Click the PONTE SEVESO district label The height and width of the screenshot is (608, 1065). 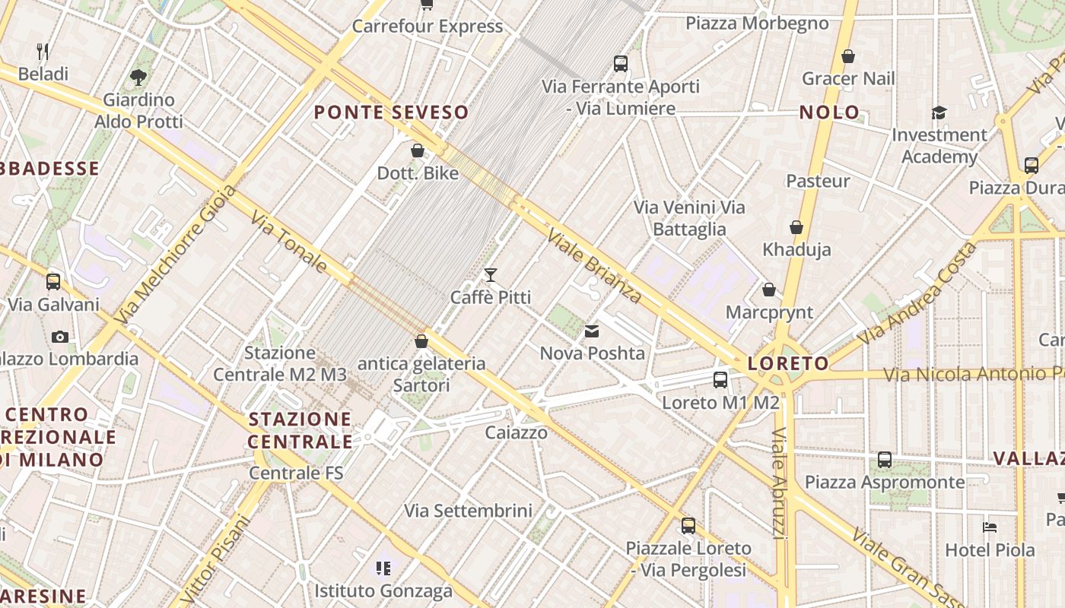click(x=391, y=112)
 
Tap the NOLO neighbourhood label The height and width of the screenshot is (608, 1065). click(x=829, y=112)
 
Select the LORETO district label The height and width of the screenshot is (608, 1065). click(x=788, y=363)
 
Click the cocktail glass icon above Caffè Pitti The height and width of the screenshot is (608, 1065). click(x=491, y=274)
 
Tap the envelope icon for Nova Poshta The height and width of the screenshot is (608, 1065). click(x=592, y=331)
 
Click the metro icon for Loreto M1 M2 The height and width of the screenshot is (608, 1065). click(x=720, y=379)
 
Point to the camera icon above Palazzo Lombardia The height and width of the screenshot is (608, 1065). click(x=60, y=337)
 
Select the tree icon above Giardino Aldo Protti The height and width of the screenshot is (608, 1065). click(x=138, y=77)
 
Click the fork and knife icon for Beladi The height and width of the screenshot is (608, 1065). click(x=43, y=52)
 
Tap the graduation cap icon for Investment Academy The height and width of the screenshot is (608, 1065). click(x=939, y=113)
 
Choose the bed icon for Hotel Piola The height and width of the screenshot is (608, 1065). click(x=989, y=527)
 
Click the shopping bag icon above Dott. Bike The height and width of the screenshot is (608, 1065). click(x=418, y=150)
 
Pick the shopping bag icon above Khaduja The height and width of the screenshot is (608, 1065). click(x=796, y=227)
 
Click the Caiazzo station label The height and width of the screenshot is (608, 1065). click(x=517, y=432)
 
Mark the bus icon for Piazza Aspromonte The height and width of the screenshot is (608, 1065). click(x=884, y=460)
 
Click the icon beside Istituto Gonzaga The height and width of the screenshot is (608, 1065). click(x=383, y=568)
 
